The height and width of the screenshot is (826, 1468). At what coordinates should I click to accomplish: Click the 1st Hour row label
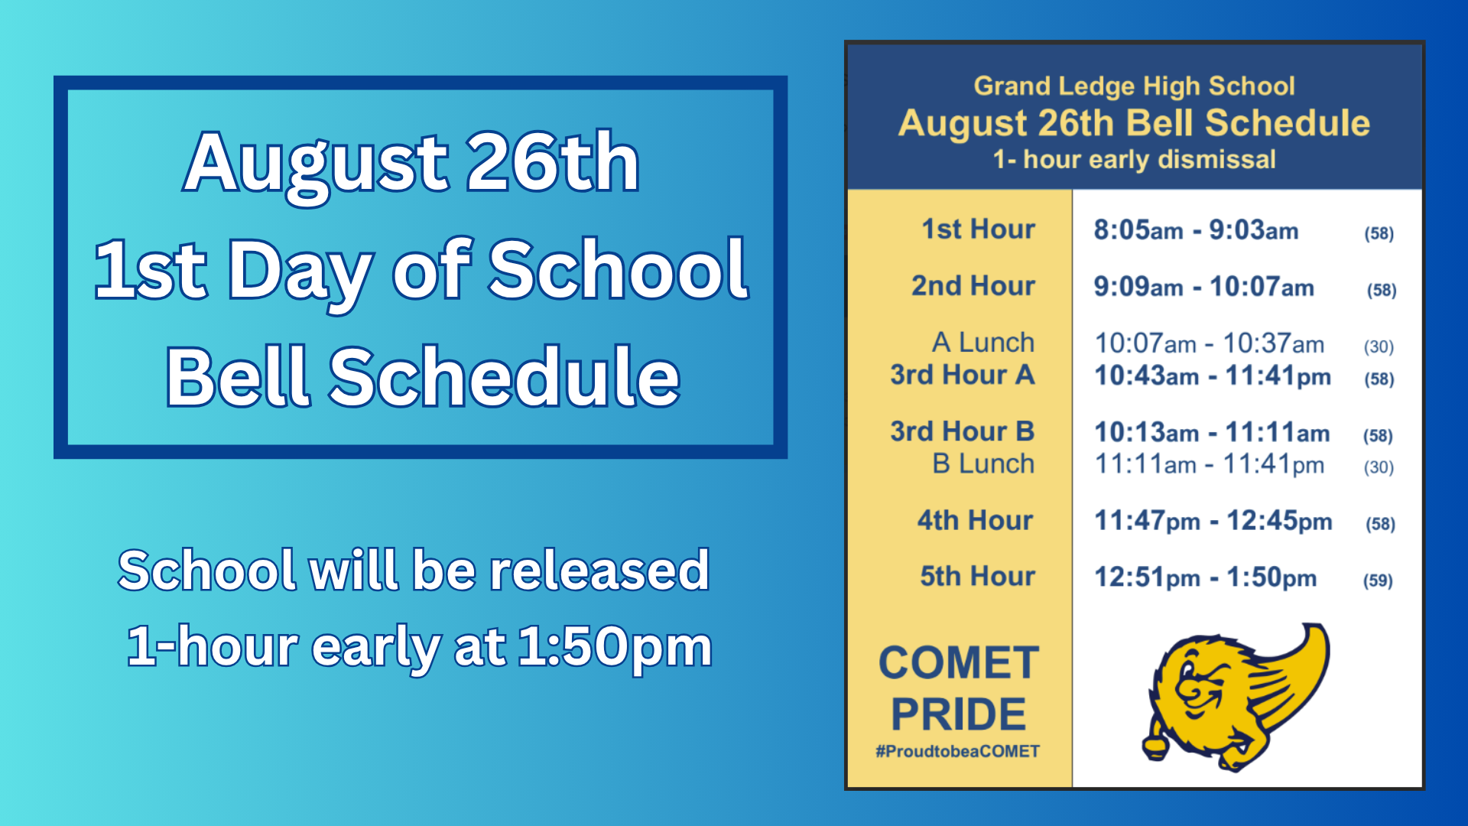pyautogui.click(x=978, y=229)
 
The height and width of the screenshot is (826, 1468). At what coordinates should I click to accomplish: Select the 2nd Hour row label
pyautogui.click(x=973, y=285)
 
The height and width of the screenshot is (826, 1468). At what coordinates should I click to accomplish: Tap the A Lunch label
pyautogui.click(x=983, y=342)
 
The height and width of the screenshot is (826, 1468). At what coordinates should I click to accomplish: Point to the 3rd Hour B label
pyautogui.click(x=962, y=431)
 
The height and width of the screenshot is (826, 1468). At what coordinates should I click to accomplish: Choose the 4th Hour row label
pyautogui.click(x=975, y=520)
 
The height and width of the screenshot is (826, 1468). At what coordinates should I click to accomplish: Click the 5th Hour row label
pyautogui.click(x=977, y=576)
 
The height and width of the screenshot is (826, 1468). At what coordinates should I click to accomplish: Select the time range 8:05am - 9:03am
pyautogui.click(x=1196, y=229)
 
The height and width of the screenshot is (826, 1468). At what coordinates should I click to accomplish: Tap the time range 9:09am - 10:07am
pyautogui.click(x=1203, y=287)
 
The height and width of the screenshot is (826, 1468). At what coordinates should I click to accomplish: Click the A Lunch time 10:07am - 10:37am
pyautogui.click(x=1210, y=343)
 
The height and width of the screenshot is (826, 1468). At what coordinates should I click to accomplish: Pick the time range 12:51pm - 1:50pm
pyautogui.click(x=1205, y=577)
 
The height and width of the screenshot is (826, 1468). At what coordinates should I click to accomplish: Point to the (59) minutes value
pyautogui.click(x=1378, y=580)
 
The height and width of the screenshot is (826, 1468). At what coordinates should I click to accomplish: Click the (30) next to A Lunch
pyautogui.click(x=1379, y=346)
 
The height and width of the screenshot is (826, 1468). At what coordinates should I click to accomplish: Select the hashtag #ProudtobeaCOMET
pyautogui.click(x=957, y=751)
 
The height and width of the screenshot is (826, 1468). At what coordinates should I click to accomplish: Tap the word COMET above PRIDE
pyautogui.click(x=959, y=662)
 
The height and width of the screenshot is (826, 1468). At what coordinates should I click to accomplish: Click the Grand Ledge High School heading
pyautogui.click(x=1134, y=86)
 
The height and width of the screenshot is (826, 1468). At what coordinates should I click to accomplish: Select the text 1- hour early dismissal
pyautogui.click(x=1134, y=159)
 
